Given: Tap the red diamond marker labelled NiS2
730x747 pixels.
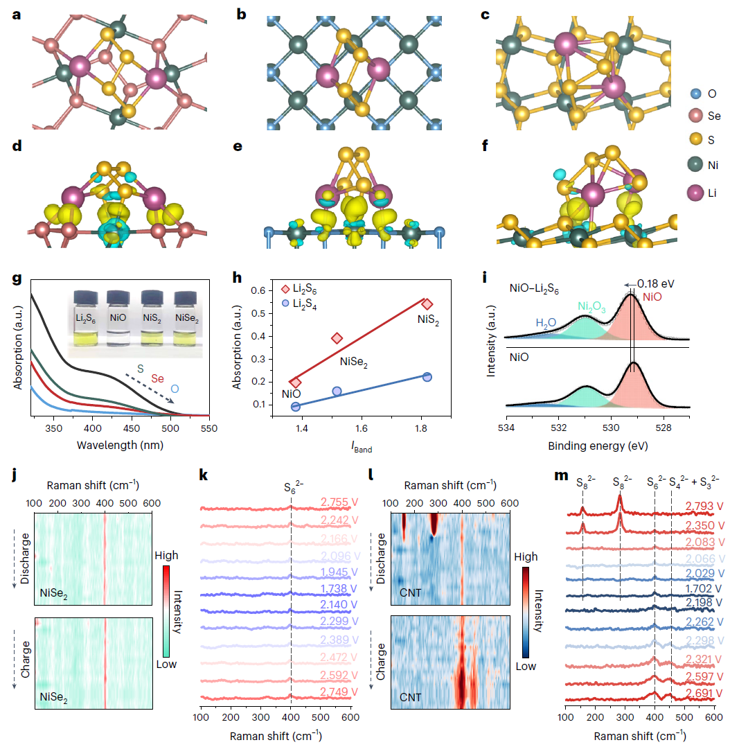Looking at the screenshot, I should point(427,304).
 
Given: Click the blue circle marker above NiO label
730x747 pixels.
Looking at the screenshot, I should point(296,407).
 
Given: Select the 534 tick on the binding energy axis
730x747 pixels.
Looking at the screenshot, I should point(506,429).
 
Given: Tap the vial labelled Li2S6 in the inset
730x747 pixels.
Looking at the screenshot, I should point(86,317).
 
